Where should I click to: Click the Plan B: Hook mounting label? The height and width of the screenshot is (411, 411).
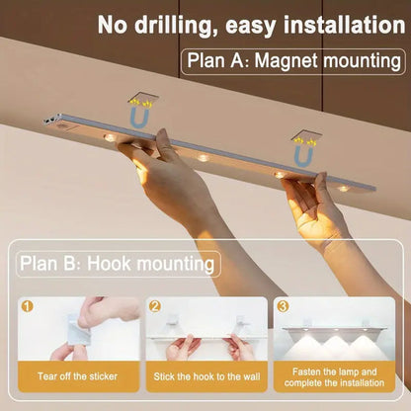pos(117,264)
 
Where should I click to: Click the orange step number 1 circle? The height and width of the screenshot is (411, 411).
pos(27,307)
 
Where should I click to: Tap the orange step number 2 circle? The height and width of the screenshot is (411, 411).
pos(155,307)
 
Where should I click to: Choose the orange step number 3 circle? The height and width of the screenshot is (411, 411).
pos(283,307)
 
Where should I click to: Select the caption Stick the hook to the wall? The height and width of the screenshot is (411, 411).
pos(206,376)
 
